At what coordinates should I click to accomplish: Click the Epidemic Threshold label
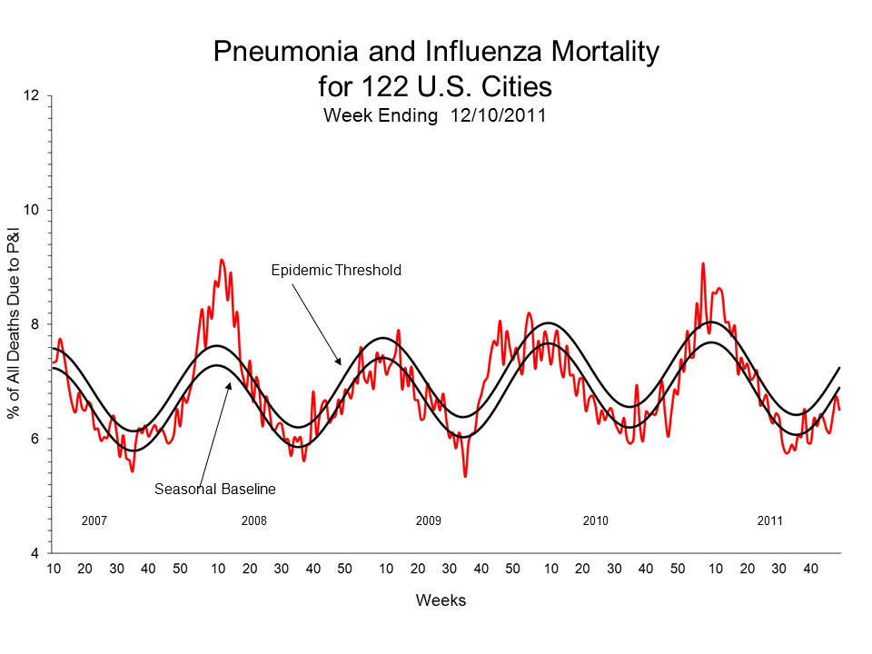click(x=336, y=270)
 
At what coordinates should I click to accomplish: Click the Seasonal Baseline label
click(x=214, y=489)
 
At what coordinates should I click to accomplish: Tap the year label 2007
click(x=94, y=521)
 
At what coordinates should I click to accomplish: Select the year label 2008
click(x=254, y=521)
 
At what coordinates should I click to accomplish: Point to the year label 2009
click(x=428, y=521)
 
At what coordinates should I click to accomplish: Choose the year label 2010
click(x=595, y=521)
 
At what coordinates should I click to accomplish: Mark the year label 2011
click(x=769, y=521)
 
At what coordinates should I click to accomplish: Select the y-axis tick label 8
click(x=35, y=324)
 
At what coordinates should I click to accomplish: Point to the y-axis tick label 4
click(x=35, y=553)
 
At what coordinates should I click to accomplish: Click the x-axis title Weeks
click(x=441, y=600)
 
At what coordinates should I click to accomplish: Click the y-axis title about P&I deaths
click(x=15, y=324)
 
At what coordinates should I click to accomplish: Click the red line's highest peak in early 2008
click(x=221, y=260)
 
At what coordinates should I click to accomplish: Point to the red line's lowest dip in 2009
click(x=465, y=476)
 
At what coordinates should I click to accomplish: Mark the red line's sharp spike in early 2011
click(x=702, y=263)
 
